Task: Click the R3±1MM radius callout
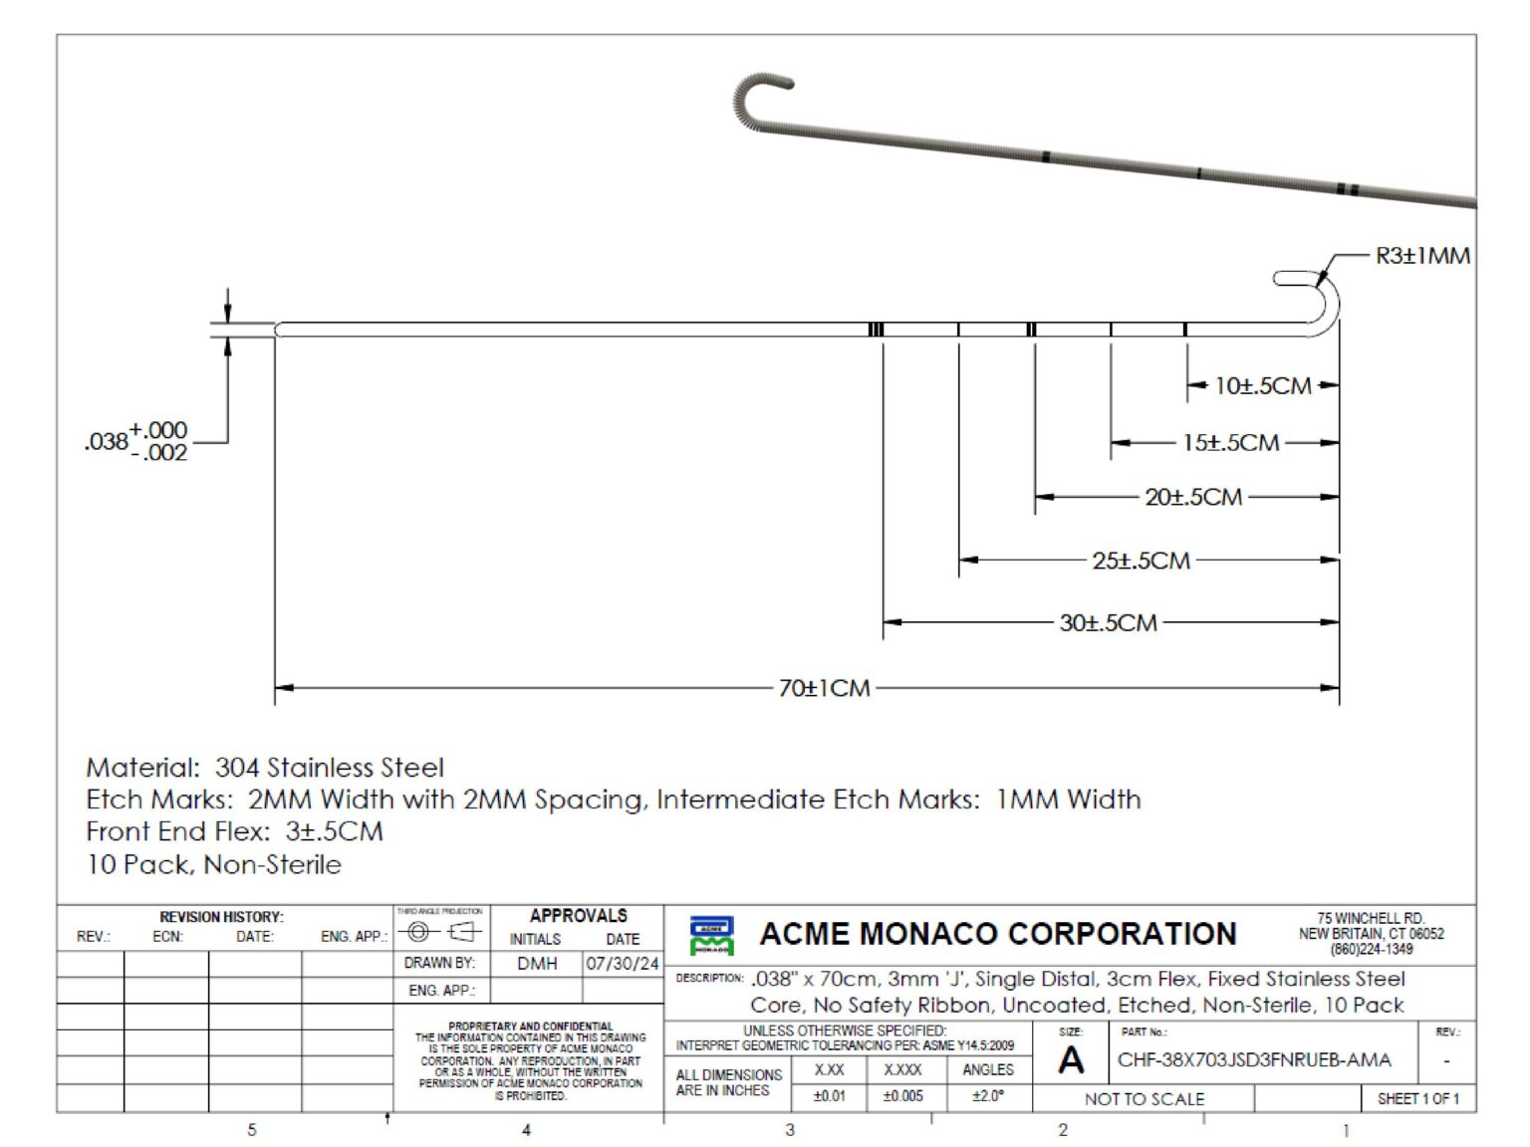1421,256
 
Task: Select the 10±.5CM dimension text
1262,386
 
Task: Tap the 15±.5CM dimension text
1230,443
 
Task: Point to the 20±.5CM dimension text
1193,497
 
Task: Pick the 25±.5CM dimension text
1141,561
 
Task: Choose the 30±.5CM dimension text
1108,623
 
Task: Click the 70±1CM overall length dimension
824,688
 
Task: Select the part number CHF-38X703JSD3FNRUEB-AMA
1253,1059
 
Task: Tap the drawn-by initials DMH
537,964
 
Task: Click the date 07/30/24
623,964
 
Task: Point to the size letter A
1071,1061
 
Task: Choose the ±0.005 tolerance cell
902,1096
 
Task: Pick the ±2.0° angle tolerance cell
987,1096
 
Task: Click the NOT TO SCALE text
1144,1099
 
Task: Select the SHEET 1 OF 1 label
1417,1099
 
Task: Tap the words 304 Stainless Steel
330,768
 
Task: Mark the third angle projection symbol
440,933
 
